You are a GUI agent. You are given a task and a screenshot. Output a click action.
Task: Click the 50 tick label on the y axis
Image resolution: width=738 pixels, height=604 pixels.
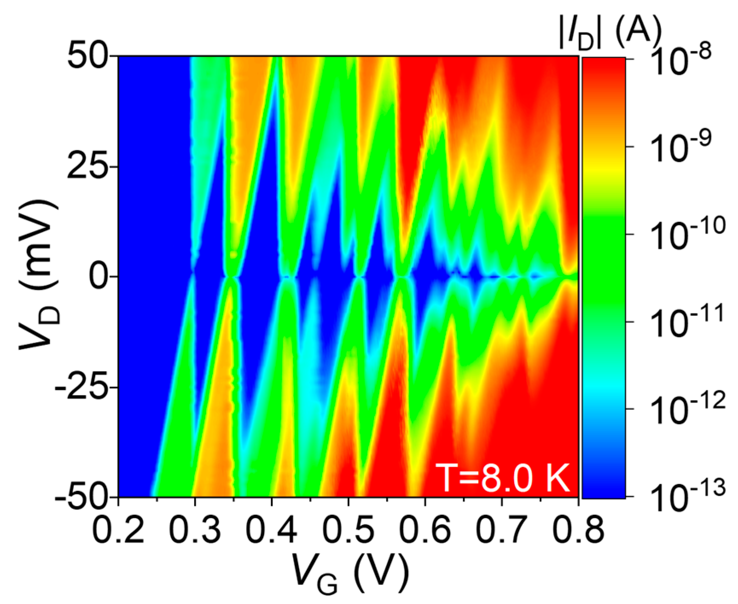pos(87,56)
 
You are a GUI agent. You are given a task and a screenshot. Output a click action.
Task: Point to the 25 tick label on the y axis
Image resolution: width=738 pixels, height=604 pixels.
pos(87,166)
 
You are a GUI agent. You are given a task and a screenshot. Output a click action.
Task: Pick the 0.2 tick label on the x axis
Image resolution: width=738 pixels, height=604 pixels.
pos(118,531)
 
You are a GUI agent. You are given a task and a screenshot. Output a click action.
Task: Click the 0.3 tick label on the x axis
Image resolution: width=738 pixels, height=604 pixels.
pos(195,531)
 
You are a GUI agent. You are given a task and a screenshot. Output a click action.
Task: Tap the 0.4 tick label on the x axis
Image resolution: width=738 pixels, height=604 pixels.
pos(272,531)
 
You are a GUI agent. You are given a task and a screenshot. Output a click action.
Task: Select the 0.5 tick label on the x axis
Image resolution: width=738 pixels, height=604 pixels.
pos(349,531)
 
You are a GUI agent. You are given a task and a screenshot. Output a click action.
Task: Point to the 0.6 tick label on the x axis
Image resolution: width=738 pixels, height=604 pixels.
pos(425,531)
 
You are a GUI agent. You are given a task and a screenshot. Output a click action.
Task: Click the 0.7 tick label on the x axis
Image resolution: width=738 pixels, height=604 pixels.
pos(502,531)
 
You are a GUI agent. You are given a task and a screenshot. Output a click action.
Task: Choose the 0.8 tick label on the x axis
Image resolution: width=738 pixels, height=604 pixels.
pos(578,531)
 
